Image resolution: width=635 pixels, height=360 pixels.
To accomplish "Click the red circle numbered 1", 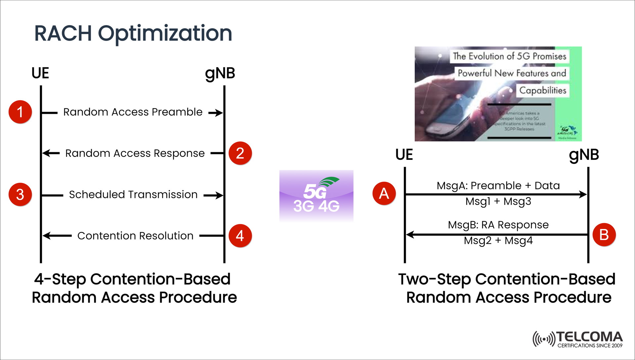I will (x=20, y=112).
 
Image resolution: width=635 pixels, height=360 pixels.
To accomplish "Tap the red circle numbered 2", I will (x=240, y=153).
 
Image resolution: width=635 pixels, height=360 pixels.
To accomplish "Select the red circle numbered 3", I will (x=20, y=195).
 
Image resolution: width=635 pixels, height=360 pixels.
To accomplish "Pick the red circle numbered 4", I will (x=240, y=236).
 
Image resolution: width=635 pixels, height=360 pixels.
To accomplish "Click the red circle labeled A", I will (x=384, y=193).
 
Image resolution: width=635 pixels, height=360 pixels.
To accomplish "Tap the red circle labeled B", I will (x=604, y=235).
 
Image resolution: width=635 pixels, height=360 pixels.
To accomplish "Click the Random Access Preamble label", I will (x=133, y=112).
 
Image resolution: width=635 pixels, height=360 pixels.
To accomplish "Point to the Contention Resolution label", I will (x=135, y=236).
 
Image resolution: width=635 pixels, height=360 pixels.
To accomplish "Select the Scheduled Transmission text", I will (x=133, y=195).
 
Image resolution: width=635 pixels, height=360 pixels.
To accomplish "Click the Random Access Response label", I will (x=135, y=154).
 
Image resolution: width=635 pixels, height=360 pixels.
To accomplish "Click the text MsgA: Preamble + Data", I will (x=498, y=186).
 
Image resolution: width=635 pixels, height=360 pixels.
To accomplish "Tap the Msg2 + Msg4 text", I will (x=498, y=241).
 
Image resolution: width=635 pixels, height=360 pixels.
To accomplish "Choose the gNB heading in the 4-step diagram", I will (x=220, y=73).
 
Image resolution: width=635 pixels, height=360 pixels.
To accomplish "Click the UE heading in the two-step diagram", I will (x=404, y=155).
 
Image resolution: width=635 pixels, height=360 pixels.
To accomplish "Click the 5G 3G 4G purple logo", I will (x=316, y=196).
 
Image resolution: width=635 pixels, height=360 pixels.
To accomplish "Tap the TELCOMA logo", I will (x=578, y=339).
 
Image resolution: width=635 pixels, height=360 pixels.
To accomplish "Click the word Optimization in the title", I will (x=165, y=34).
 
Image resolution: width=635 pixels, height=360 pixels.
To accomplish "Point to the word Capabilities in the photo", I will (x=542, y=90).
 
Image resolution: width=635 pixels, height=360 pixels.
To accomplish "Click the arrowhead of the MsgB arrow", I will (x=409, y=235).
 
